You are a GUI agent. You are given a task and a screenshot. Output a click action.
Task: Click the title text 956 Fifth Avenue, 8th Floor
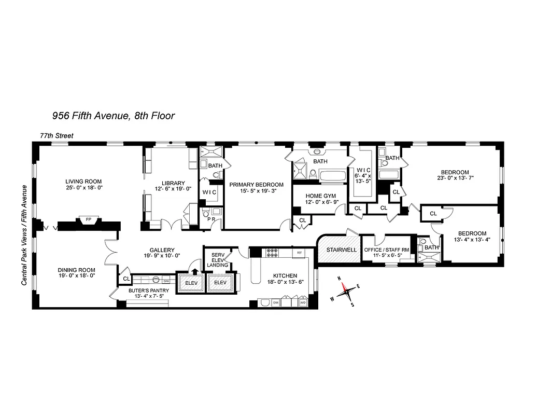pos(112,115)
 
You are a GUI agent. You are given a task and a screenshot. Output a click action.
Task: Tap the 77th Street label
pos(57,136)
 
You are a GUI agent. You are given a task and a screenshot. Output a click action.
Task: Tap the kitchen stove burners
pos(273,253)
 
